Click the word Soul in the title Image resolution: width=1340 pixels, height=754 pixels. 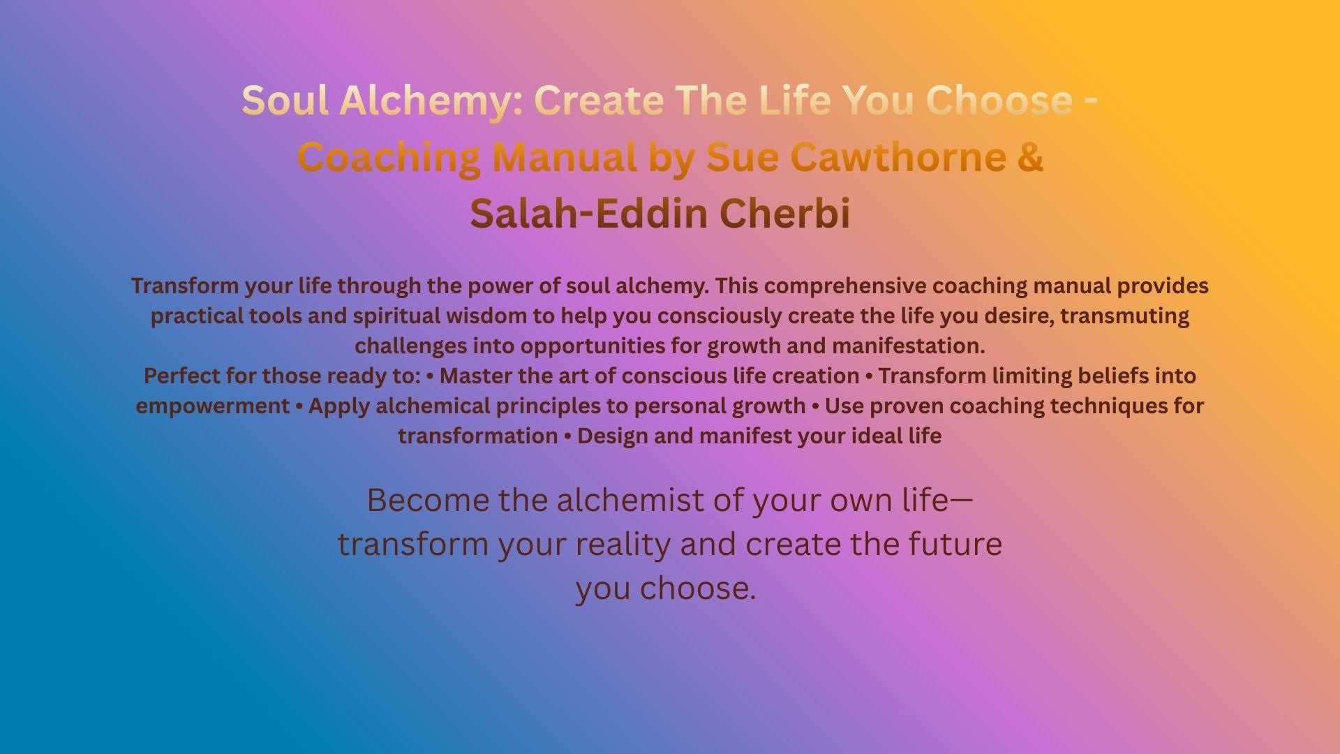point(285,101)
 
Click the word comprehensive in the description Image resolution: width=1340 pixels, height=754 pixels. point(849,286)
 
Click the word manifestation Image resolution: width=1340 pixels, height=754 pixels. point(908,346)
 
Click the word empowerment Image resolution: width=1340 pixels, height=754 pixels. point(213,406)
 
